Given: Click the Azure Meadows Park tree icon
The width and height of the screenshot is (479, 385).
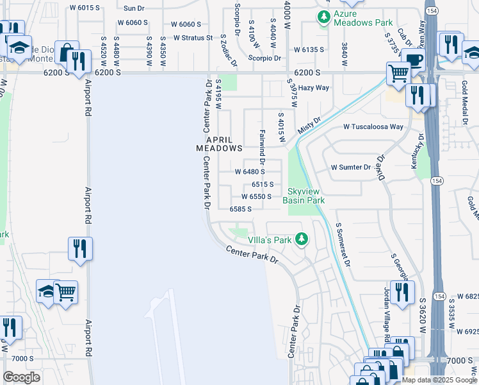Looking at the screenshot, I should pos(325,17).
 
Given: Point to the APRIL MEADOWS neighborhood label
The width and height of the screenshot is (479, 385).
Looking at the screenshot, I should pos(219,143).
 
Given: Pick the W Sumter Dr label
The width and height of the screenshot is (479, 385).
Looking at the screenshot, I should pos(350,167).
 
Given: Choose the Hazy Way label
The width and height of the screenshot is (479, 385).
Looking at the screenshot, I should pos(314,87).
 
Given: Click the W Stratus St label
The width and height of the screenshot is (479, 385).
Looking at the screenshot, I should pos(193,38).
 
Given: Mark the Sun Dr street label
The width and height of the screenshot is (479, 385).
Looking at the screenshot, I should pos(134,8).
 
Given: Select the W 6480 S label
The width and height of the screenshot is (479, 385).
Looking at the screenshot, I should pos(250,172).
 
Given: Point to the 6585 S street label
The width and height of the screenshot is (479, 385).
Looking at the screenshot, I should pos(240,209).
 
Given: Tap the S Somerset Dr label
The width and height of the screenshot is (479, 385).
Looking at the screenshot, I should pos(343,244).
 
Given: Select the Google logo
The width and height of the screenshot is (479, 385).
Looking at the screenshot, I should pos(21,377).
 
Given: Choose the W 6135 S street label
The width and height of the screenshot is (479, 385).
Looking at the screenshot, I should pos(309,49).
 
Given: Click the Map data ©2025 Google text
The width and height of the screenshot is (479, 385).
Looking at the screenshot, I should pos(438,380).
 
